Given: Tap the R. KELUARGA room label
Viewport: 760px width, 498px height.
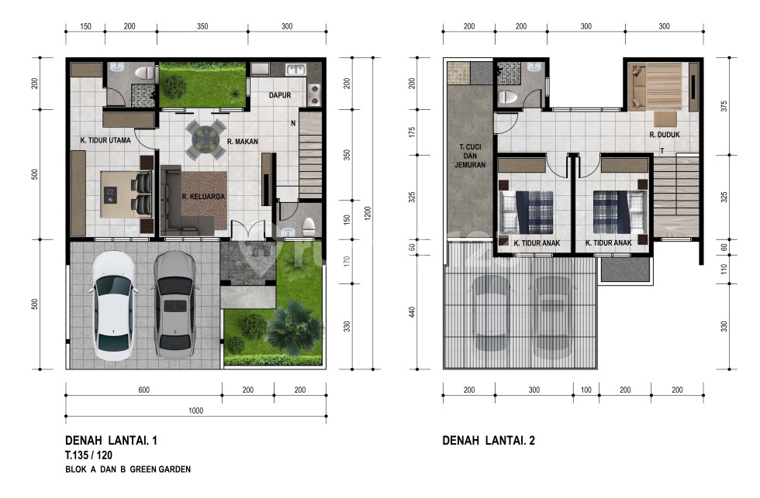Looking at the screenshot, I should tap(203, 197).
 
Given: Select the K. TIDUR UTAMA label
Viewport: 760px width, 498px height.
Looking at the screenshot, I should tap(105, 141).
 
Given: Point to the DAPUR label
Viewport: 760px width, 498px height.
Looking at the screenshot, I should tap(279, 96).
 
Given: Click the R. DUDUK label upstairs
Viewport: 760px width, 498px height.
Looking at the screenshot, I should tap(665, 134).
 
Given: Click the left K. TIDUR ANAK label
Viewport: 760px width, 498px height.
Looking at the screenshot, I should tap(537, 243).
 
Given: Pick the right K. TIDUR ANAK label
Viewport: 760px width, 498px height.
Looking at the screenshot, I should tap(610, 243).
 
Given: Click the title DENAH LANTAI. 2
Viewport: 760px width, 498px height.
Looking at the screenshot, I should tap(489, 441).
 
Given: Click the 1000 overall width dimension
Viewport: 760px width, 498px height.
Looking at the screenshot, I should tap(195, 410).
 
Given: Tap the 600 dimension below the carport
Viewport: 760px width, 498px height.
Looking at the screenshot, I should tap(143, 390).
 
